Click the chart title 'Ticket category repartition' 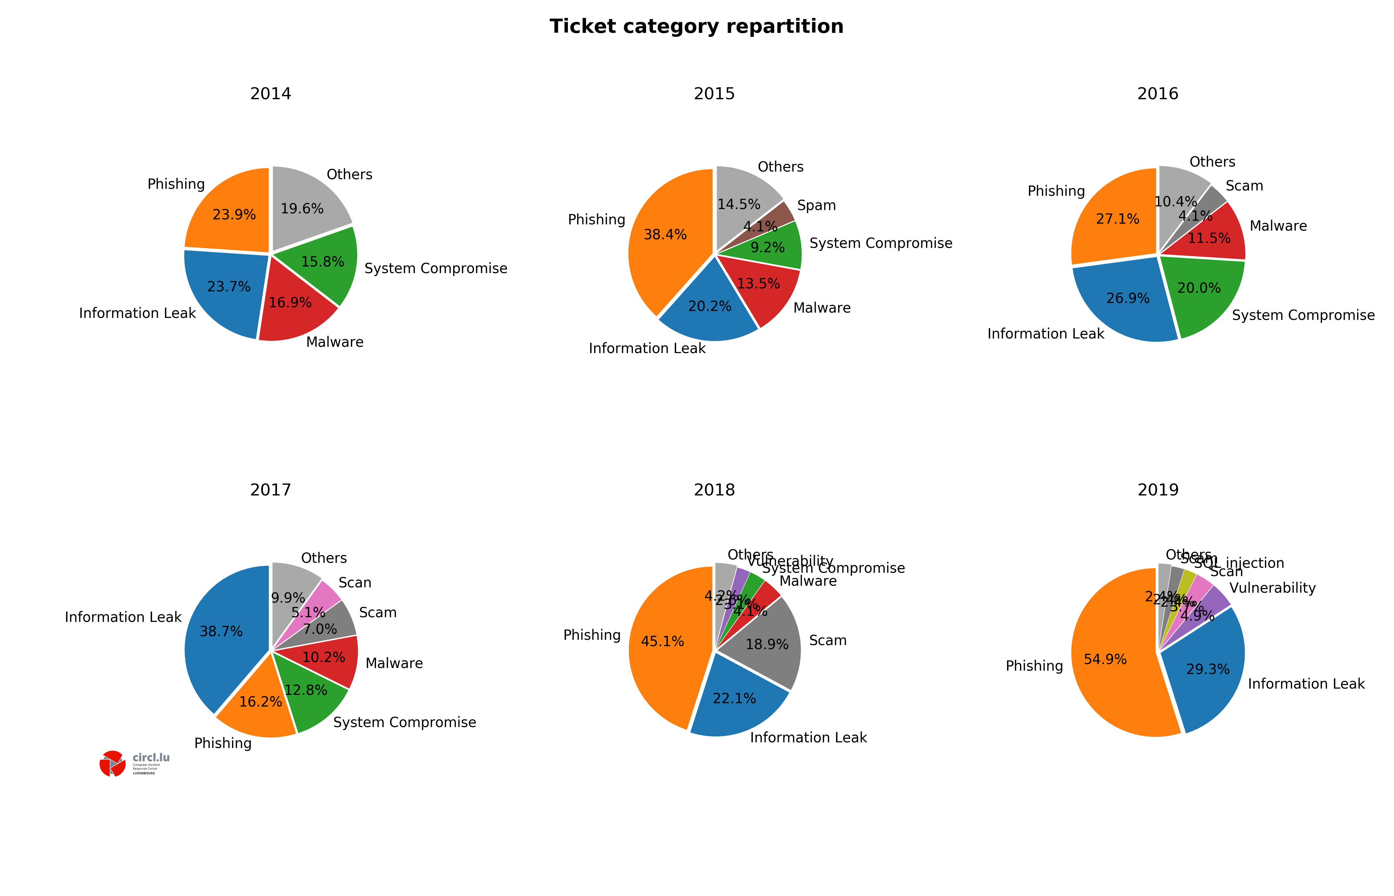(696, 27)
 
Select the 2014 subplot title (271, 94)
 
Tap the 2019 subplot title (1158, 490)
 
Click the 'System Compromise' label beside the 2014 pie (436, 268)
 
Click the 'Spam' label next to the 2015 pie (816, 205)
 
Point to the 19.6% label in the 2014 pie (302, 209)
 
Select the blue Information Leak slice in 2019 (1210, 675)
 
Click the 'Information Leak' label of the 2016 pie (1045, 334)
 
